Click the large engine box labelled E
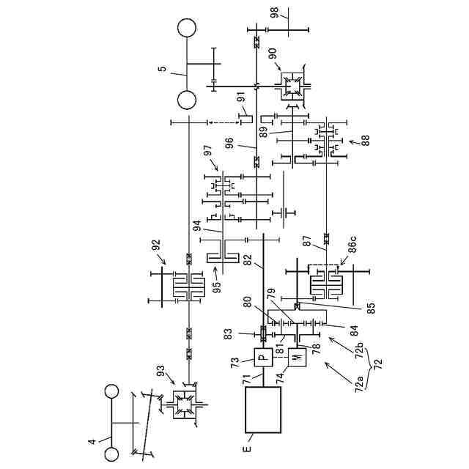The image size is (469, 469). (x=263, y=411)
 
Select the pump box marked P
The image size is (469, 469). (x=263, y=357)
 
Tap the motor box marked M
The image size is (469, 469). (x=296, y=357)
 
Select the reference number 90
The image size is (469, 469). (x=273, y=53)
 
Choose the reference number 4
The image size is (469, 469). (x=92, y=442)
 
